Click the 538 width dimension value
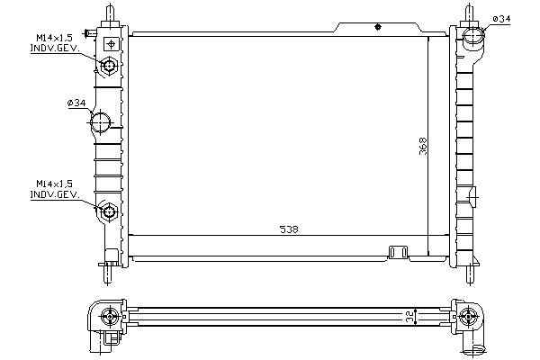pos(289,229)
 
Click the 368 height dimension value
pos(423,146)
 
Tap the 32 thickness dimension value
pos(409,317)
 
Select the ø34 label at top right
pos(501,19)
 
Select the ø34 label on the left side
pos(76,103)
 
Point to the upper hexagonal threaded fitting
pos(109,66)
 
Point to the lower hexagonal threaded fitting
pos(109,211)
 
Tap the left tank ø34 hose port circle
pos(100,122)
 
